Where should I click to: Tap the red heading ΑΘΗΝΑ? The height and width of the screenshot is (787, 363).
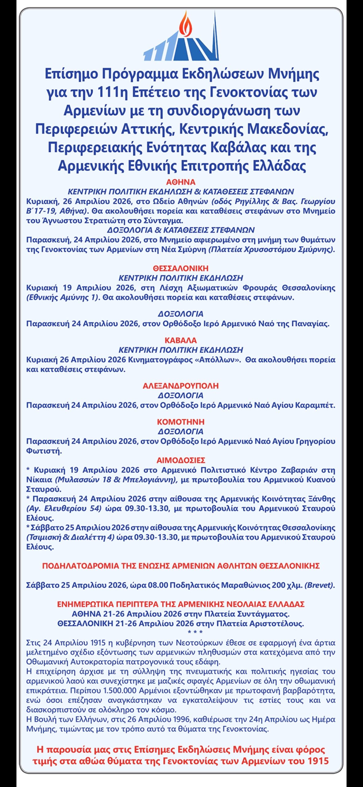pos(181,182)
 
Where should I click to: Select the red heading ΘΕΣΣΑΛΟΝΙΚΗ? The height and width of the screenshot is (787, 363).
pos(181,268)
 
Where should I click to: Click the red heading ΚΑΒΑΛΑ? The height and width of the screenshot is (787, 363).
pos(181,340)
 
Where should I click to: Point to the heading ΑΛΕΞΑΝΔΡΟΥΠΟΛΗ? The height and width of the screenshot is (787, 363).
pos(181,386)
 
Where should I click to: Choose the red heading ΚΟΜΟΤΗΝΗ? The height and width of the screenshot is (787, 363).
pos(181,421)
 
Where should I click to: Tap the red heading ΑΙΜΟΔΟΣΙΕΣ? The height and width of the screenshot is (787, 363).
pos(181,460)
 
